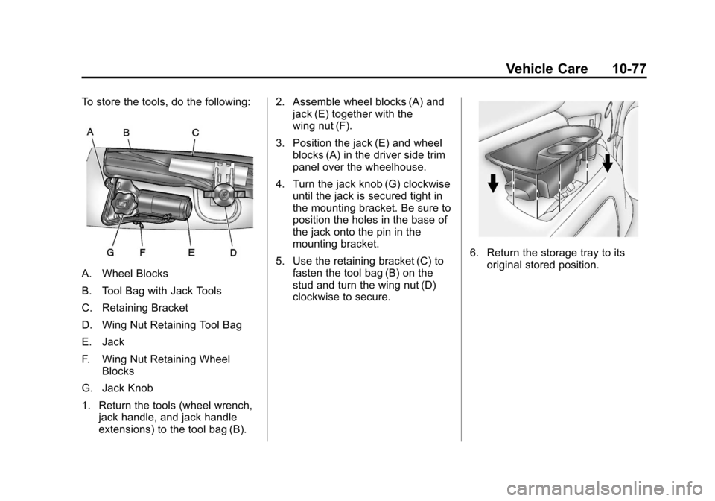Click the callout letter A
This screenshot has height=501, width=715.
(89, 130)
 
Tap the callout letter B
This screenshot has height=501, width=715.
(127, 133)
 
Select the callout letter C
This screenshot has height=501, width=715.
(194, 133)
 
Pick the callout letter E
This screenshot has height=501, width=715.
(191, 253)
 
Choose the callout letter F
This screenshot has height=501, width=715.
(142, 253)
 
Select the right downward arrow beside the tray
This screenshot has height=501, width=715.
(608, 160)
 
